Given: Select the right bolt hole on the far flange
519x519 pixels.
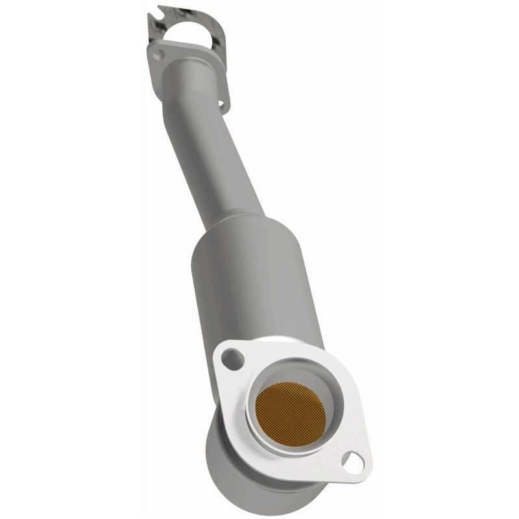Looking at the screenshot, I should pyautogui.click(x=221, y=104).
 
